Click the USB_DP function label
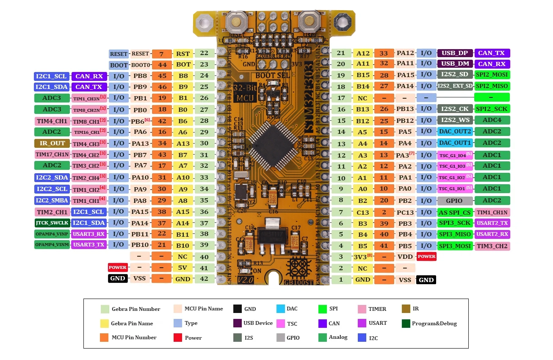pos(455,53)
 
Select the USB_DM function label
pos(455,64)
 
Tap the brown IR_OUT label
pos(52,143)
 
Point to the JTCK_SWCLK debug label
pos(52,223)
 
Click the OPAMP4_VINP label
pos(52,234)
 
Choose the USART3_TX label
pos(88,244)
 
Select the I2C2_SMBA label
pos(52,200)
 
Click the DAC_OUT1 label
pos(455,143)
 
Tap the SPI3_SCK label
pos(455,223)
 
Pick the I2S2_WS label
pos(455,120)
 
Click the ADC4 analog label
pos(492,120)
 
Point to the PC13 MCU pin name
pos(405,212)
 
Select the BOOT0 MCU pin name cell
pos(140,65)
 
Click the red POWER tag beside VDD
pos(426,256)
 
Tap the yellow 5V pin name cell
pos(182,268)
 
